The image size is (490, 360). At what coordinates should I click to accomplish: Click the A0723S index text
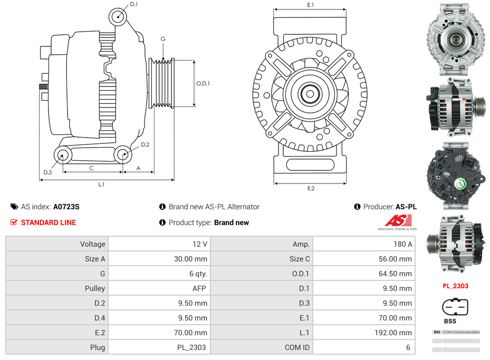pos(66,207)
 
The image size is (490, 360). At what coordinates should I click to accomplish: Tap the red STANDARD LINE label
pos(49,222)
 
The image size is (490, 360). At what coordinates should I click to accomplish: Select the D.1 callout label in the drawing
pos(133,4)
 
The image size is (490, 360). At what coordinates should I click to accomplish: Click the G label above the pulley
pos(163,40)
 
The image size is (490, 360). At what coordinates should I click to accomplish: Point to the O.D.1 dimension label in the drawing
pos(203,83)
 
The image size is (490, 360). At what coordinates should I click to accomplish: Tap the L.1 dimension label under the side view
pos(101,184)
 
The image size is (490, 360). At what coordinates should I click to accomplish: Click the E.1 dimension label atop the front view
pos(311,5)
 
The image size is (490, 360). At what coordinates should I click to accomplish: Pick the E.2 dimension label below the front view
pos(311,189)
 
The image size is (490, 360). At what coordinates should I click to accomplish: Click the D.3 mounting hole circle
pos(63,155)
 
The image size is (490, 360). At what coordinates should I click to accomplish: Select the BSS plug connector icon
pos(455,307)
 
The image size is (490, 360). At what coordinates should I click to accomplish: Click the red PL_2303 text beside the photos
pos(455,286)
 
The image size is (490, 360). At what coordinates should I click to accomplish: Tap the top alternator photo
pos(455,38)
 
